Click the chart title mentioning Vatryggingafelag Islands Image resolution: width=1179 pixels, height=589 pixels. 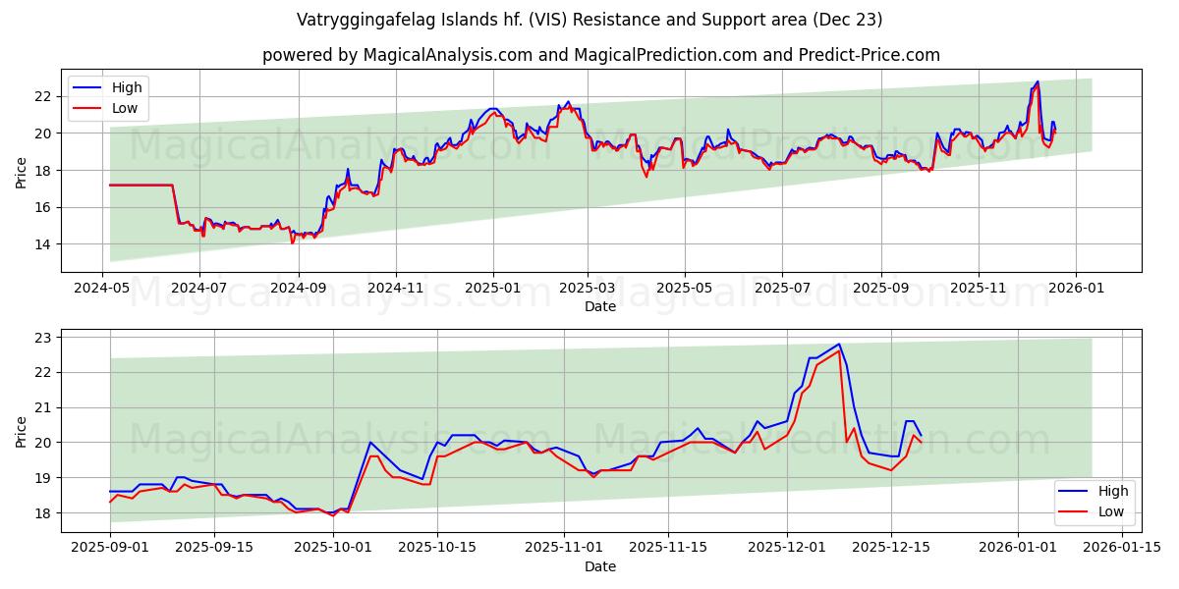pos(589,20)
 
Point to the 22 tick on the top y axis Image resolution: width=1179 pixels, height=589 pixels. pos(42,96)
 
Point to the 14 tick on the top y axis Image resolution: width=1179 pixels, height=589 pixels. pos(42,244)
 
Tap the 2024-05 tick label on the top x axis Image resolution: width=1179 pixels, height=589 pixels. pos(103,289)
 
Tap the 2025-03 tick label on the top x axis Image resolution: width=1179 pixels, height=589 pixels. pos(588,289)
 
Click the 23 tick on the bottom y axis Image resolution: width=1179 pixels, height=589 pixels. pos(42,338)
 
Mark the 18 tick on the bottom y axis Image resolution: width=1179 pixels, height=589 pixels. pos(42,513)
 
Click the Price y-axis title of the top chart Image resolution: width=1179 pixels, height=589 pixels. pos(22,171)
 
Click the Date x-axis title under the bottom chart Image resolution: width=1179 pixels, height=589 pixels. pos(600,566)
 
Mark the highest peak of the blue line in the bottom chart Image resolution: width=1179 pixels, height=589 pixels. pos(839,345)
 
